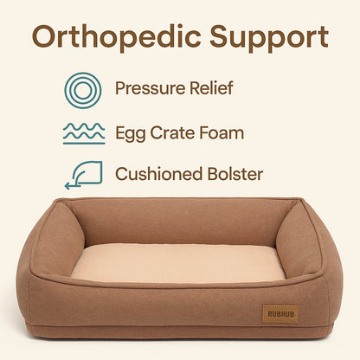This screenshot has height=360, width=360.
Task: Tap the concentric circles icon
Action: coord(83,89)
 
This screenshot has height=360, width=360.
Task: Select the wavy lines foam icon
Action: coord(83,132)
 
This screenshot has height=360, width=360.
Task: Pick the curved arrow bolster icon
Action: coord(83,174)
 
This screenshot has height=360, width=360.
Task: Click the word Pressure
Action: coord(151,89)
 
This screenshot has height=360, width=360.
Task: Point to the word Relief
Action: coord(211,89)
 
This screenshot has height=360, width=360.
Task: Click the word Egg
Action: coord(131,133)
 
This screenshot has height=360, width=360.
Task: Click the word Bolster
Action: coord(236,174)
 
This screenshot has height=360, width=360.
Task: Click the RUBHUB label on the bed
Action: coord(280,312)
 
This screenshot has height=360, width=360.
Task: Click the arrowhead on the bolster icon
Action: coord(69,183)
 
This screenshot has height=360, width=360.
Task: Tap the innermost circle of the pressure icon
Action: coord(83,89)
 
